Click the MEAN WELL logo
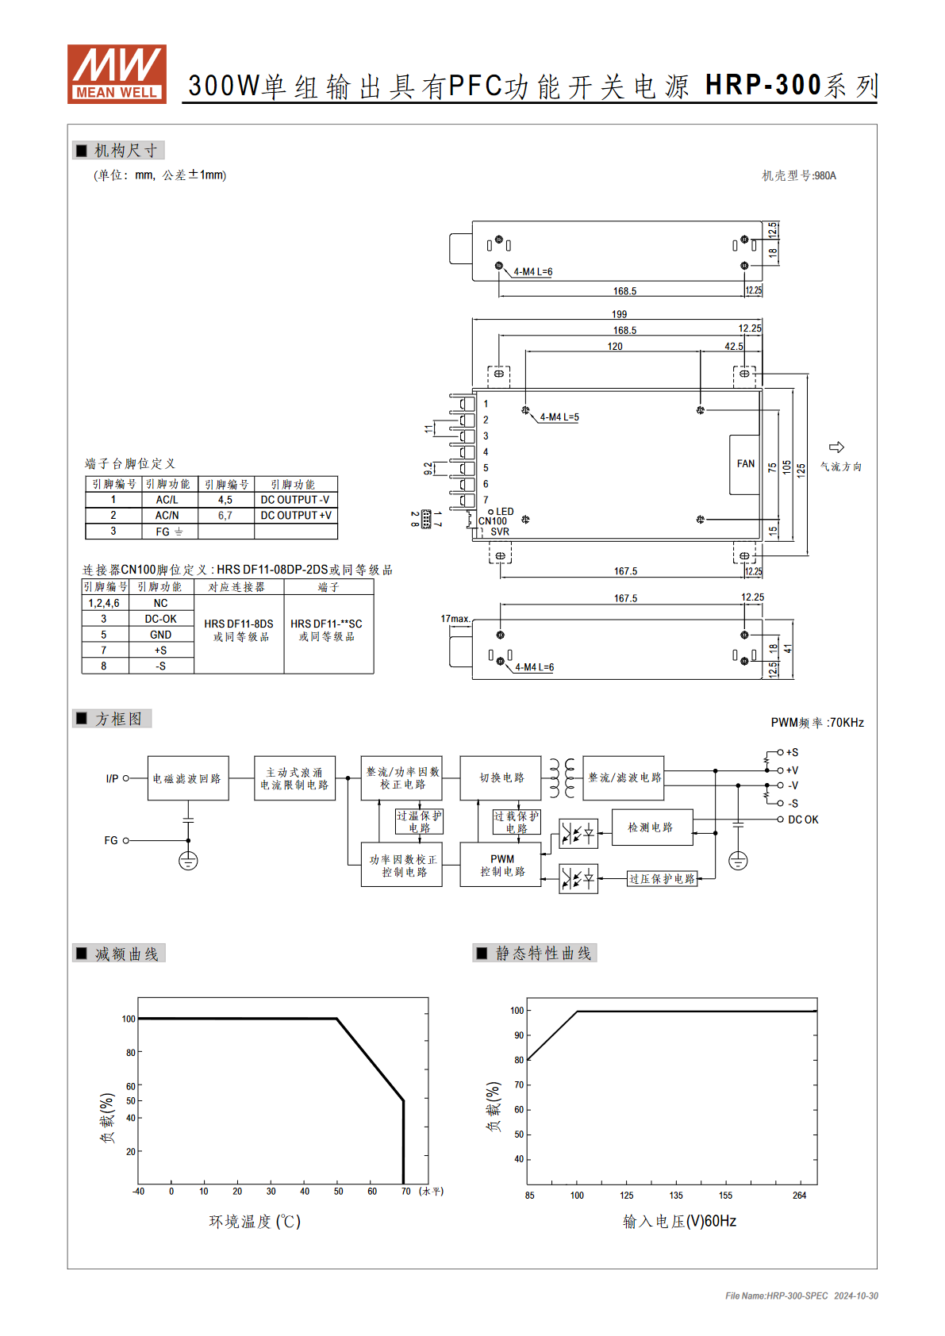pos(117,74)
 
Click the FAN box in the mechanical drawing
pos(744,464)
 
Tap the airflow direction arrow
pos(836,447)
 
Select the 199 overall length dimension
pos(619,314)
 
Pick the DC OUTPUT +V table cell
pos(296,516)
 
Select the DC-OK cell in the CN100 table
pos(160,619)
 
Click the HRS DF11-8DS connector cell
pos(239,630)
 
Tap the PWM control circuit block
pos(501,865)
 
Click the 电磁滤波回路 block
pos(188,778)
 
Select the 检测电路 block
pos(652,827)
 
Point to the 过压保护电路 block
pos(662,878)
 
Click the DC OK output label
pos(803,820)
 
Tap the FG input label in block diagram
pos(111,840)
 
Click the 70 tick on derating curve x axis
pos(405,1191)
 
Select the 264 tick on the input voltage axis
pos(800,1196)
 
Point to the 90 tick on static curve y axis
pos(519,1035)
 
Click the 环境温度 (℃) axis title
pos(255,1222)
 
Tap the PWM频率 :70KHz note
pos(817,723)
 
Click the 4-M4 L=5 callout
pos(559,417)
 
